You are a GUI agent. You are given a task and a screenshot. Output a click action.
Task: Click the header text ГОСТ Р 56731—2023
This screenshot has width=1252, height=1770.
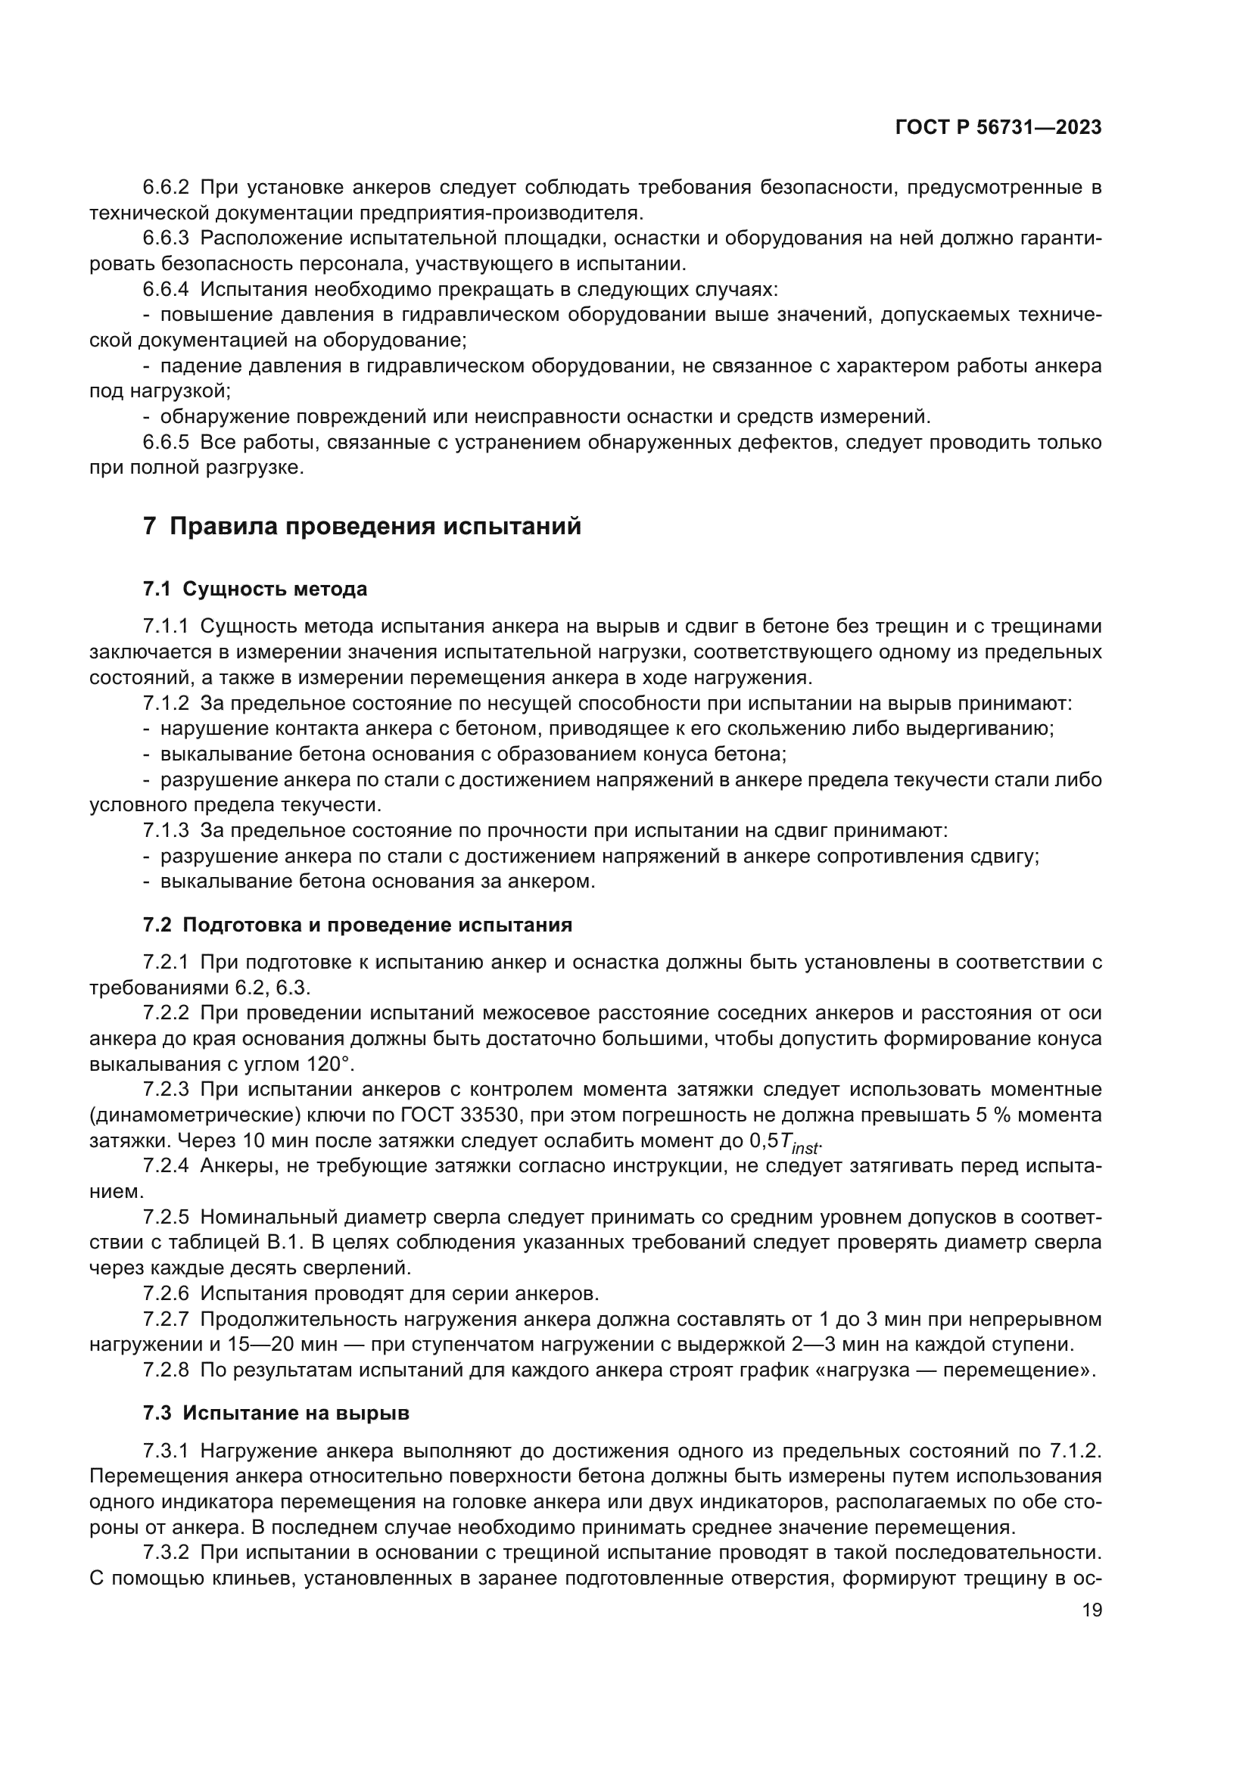coord(998,128)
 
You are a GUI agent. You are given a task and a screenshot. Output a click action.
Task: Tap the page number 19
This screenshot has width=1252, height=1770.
coord(1092,1610)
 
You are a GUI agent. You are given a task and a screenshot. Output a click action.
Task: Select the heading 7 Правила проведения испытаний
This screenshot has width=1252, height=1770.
coord(362,527)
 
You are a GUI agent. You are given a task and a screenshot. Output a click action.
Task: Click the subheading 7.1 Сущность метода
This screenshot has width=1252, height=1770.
coord(254,589)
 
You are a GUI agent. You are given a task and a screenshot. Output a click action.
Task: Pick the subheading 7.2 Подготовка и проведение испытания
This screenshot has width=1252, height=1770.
coord(357,925)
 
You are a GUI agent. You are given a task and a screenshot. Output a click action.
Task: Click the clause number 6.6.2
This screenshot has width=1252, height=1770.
coord(166,188)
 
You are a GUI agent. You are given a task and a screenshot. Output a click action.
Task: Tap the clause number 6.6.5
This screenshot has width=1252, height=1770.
coord(166,443)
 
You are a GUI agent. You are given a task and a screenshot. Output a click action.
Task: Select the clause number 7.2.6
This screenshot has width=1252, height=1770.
coord(166,1293)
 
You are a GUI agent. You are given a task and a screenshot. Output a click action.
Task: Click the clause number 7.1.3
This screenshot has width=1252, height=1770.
coord(166,831)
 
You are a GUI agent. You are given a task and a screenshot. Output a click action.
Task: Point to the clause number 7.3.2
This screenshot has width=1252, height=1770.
coord(166,1551)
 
